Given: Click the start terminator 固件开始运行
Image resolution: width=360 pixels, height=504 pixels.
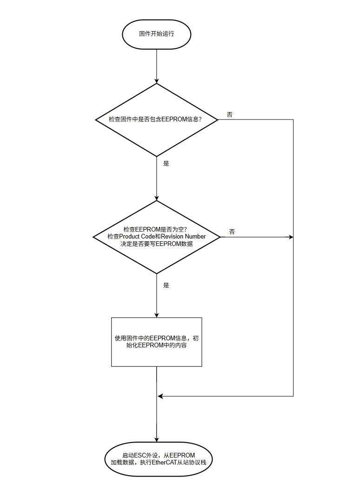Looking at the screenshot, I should point(157,34).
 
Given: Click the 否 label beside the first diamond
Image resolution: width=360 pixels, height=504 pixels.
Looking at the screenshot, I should point(230,114).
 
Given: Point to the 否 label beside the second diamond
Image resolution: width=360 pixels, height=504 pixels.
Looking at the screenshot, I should point(232,232).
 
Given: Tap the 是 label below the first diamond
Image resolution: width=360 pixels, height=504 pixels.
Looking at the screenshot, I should point(166,164).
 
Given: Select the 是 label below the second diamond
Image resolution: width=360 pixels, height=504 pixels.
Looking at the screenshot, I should point(166,285).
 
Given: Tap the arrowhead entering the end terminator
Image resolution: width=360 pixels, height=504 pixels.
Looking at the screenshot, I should point(157,439).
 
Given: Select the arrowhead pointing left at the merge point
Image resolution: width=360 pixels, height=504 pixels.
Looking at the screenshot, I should point(160,396).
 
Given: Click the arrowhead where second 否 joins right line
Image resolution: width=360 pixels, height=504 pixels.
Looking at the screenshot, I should point(291,237).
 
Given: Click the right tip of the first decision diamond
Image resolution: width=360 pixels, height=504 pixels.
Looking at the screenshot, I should point(218,119).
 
